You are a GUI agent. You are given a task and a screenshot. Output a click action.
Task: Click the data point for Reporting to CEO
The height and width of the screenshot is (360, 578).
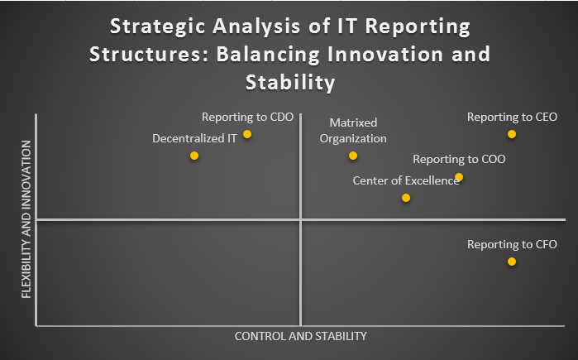tap(512, 134)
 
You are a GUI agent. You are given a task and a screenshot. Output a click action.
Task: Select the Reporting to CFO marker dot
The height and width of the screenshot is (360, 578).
tap(512, 262)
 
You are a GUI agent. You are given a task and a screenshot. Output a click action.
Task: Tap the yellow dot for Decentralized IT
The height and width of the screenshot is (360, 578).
tap(194, 156)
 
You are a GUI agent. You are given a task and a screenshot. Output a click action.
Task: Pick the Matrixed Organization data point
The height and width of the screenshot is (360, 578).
tap(353, 156)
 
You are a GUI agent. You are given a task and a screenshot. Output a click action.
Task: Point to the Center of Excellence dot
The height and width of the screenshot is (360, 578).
tap(406, 198)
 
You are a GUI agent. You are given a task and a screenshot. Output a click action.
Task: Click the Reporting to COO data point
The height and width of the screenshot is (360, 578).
tap(459, 177)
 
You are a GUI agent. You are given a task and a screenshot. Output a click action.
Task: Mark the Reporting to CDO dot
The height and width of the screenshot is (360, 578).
tap(247, 134)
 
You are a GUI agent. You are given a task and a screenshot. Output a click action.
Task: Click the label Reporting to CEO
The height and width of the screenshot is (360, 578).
tap(512, 117)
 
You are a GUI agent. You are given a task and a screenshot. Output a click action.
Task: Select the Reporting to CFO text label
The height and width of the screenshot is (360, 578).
tap(512, 244)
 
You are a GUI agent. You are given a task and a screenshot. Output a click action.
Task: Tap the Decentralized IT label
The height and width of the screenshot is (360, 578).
tap(194, 138)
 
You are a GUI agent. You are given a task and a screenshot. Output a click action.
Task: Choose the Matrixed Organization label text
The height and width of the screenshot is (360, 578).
tap(353, 130)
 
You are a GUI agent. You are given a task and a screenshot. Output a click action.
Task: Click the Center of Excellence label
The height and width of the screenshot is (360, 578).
tap(406, 180)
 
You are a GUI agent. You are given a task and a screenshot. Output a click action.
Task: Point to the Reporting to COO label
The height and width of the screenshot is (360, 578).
tap(459, 159)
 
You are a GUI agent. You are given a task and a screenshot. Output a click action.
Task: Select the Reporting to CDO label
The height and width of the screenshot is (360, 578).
tap(247, 117)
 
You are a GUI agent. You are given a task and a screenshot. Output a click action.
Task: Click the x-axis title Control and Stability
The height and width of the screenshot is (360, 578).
tap(301, 336)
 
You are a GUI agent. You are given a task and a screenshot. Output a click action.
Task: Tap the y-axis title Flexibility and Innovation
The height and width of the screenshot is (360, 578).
tap(26, 219)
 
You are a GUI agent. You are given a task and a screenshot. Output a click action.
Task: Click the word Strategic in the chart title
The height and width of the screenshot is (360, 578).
tap(158, 26)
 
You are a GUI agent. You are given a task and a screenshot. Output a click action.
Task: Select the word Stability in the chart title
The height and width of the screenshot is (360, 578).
tap(290, 82)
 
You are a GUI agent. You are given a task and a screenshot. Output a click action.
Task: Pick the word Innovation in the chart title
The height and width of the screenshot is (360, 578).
tap(385, 55)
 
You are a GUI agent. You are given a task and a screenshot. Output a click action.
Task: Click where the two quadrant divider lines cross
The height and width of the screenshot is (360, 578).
tap(301, 220)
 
